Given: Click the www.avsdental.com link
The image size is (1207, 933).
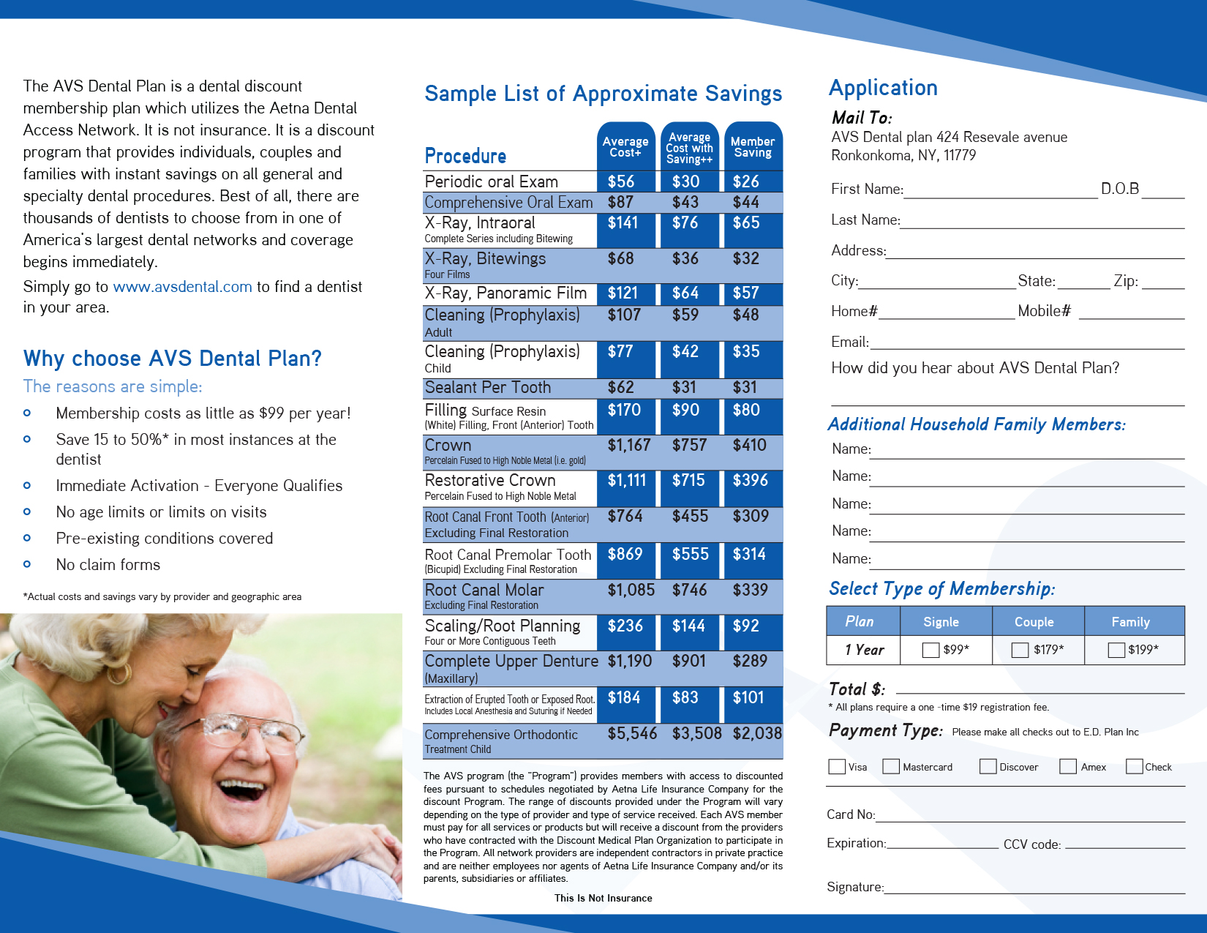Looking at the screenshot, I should pos(182,287).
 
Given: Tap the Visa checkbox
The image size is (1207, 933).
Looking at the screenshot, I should pos(837,766).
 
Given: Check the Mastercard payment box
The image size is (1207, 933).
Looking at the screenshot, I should pos(891,766).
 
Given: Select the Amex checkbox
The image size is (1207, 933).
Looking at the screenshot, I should pos(1068,766).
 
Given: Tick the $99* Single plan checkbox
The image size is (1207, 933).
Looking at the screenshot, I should pos(930,650).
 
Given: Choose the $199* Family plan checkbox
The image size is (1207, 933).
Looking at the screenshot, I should pos(1116,650).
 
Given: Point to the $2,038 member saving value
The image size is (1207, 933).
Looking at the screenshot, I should pos(757,733).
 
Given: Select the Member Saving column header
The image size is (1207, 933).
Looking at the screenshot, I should pos(753,147).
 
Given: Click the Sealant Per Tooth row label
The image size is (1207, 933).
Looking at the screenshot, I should pos(488,388).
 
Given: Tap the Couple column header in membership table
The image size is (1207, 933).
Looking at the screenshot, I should pos(1034,621).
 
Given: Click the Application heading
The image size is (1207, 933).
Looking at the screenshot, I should pos(883,88).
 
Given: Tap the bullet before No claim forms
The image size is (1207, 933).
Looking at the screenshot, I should pos(27,564).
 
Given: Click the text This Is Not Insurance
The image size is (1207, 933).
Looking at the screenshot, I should pos(603,898).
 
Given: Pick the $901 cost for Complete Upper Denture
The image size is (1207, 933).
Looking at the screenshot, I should pos(689,662).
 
